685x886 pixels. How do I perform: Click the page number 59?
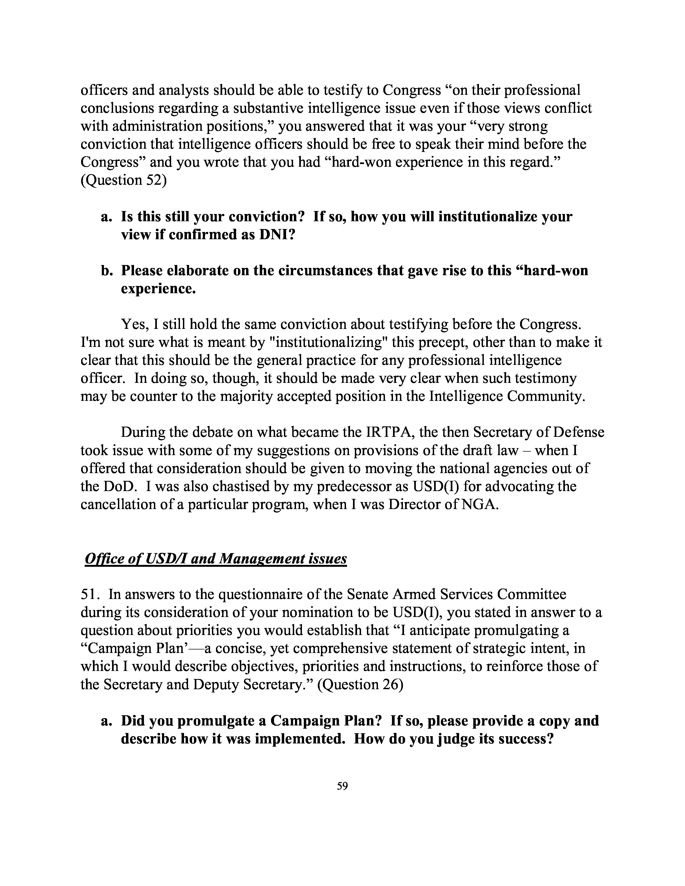pyautogui.click(x=342, y=786)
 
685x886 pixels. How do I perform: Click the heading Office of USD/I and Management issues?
pyautogui.click(x=216, y=559)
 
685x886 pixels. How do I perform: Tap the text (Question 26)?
pyautogui.click(x=360, y=684)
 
